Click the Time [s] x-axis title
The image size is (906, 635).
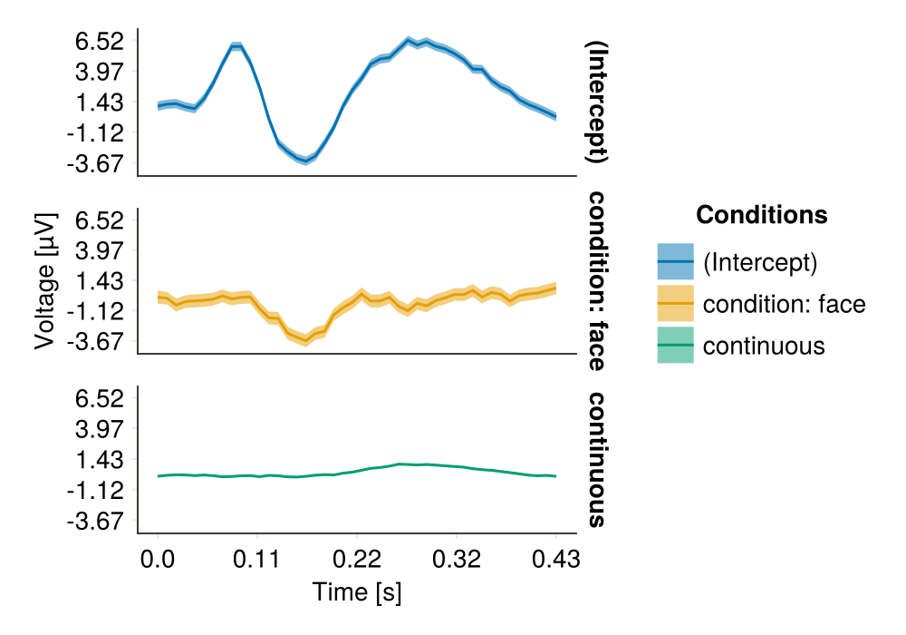point(357,593)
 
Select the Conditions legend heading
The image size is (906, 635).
point(761,215)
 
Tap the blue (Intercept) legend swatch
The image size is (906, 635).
point(675,262)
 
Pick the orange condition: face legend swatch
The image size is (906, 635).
point(675,304)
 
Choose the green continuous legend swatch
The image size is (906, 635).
point(675,346)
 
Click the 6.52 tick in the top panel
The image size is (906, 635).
point(100,41)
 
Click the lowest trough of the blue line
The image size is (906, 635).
point(307,161)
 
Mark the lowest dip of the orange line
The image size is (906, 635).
point(307,341)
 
